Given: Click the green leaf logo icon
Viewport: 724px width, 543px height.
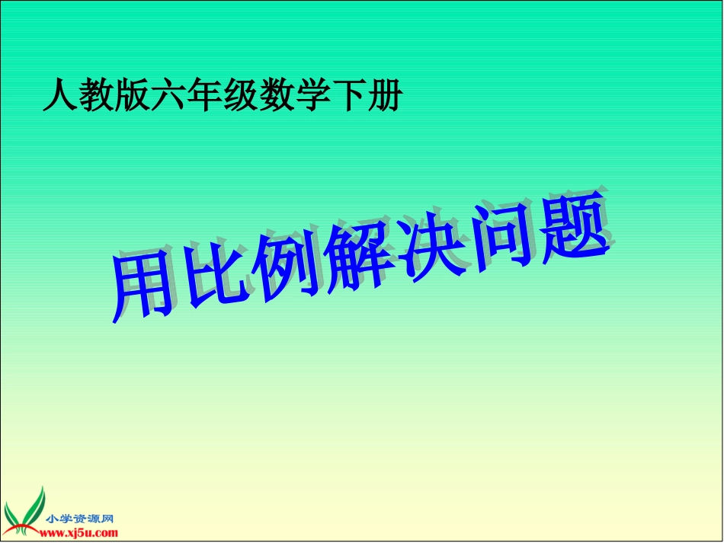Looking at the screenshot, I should (24, 512).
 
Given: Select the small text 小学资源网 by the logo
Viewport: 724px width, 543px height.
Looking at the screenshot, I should (80, 519).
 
